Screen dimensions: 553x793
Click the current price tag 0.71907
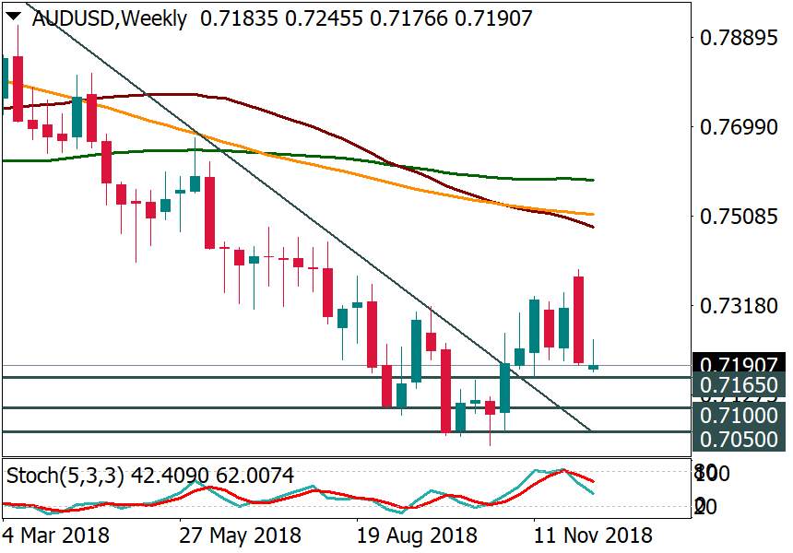coord(740,364)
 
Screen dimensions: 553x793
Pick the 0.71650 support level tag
coord(740,385)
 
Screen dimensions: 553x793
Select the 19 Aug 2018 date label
coord(416,535)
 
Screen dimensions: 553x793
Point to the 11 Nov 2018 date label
coord(592,535)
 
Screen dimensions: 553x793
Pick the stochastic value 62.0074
coord(253,477)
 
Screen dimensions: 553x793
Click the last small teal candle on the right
coord(593,368)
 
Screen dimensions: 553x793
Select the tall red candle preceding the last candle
coord(578,319)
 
